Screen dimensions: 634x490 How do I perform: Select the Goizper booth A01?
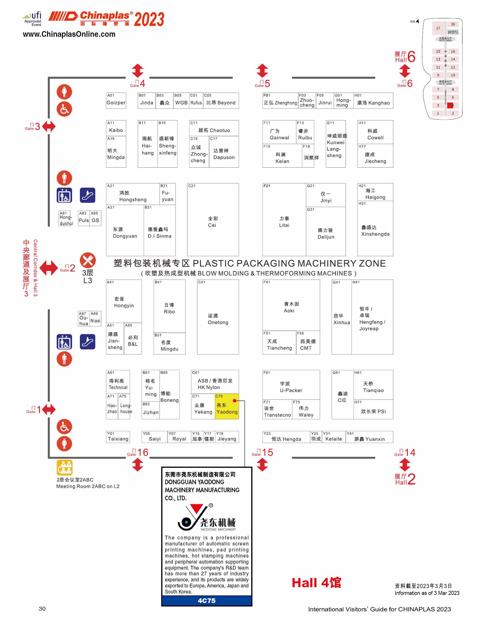click(x=116, y=101)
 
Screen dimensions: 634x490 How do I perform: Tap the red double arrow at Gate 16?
click(x=138, y=465)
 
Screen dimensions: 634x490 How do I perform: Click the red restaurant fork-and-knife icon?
click(x=88, y=261)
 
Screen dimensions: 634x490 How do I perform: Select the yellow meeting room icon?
click(x=64, y=467)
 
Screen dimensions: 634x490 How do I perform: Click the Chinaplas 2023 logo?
click(x=106, y=19)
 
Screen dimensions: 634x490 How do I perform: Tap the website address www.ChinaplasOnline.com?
click(x=69, y=34)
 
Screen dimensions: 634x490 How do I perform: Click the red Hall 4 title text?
click(x=316, y=583)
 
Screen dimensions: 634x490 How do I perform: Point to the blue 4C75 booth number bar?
click(x=207, y=601)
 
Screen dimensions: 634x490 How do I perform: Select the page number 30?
click(x=42, y=609)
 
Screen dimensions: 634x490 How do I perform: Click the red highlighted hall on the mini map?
click(x=450, y=105)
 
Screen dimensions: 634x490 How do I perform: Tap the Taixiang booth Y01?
click(x=118, y=437)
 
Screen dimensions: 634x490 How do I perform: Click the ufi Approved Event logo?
click(x=33, y=19)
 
